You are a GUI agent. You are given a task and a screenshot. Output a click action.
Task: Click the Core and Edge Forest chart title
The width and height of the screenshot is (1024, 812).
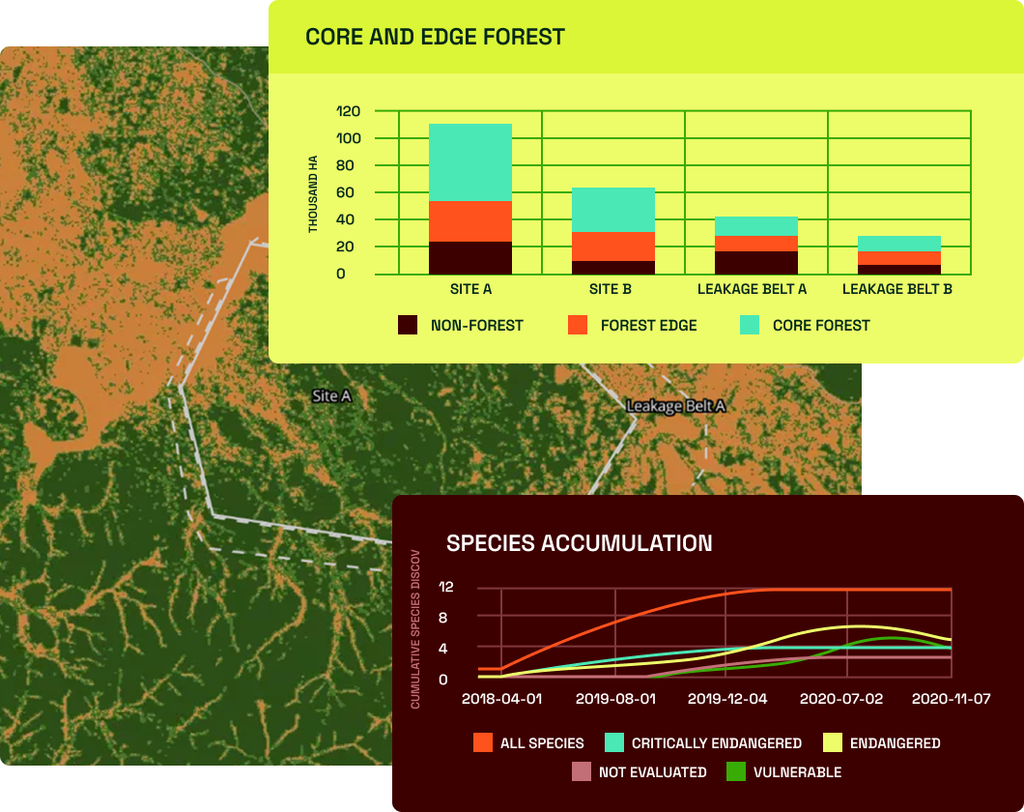[x=435, y=37]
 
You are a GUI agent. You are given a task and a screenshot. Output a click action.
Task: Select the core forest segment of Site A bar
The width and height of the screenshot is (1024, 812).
[x=470, y=162]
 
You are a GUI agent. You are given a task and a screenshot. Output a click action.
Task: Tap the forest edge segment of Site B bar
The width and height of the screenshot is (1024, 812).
[x=613, y=246]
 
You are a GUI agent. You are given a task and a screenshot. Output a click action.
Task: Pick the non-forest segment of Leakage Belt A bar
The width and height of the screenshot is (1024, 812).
[x=756, y=263]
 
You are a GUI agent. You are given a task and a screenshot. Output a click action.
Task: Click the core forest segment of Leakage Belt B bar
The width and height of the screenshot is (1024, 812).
[x=899, y=244]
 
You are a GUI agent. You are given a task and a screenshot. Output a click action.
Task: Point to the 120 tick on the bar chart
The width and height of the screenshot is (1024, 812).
[x=348, y=111]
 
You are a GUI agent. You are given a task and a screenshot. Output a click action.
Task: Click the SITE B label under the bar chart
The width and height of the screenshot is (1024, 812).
[x=610, y=289]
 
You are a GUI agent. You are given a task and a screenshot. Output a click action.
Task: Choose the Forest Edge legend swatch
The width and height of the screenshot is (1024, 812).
[x=578, y=325]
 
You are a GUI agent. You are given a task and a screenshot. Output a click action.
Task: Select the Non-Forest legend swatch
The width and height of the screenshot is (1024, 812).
[x=408, y=325]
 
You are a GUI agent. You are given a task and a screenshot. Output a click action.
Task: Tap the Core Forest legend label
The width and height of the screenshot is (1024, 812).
[x=821, y=326]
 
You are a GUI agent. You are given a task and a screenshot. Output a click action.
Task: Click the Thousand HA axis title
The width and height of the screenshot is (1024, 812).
[x=313, y=194]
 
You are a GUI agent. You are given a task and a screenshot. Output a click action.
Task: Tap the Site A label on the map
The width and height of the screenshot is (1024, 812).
[x=331, y=396]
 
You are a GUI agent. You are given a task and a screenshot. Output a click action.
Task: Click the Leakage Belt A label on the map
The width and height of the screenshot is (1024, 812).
[x=676, y=406]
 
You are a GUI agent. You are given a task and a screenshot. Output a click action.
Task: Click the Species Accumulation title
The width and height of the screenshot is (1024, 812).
[x=580, y=543]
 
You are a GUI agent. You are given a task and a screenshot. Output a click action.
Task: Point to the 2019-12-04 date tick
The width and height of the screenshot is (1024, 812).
[x=727, y=699]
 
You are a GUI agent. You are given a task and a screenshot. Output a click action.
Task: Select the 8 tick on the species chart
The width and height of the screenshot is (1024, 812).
[x=442, y=618]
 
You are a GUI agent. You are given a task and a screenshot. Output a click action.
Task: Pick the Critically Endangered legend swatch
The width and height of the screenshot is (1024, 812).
[x=614, y=742]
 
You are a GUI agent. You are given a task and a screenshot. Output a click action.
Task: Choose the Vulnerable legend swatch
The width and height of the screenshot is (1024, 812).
[x=736, y=771]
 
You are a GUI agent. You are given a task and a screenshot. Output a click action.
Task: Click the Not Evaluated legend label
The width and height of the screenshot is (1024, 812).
[x=652, y=772]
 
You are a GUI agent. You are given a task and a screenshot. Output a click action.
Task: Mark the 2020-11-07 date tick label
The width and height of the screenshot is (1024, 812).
[x=951, y=699]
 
